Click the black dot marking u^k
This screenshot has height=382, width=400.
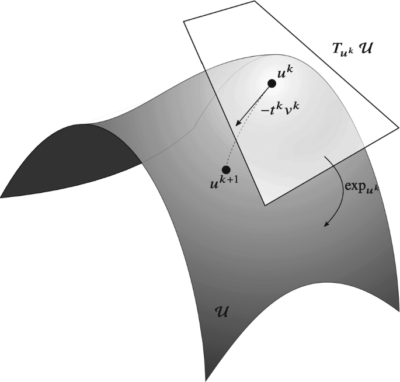272,84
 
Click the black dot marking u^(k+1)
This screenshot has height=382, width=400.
226,169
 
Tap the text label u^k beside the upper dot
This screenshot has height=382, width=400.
287,74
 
